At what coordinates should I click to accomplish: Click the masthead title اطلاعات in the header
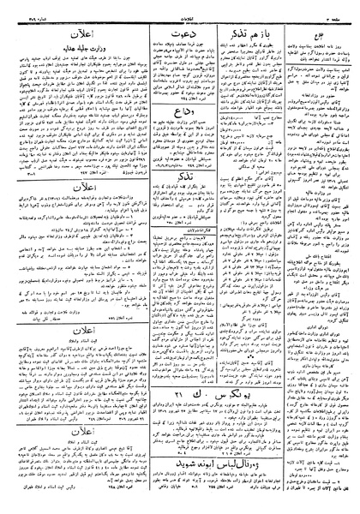180,10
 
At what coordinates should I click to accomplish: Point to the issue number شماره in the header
26,10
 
